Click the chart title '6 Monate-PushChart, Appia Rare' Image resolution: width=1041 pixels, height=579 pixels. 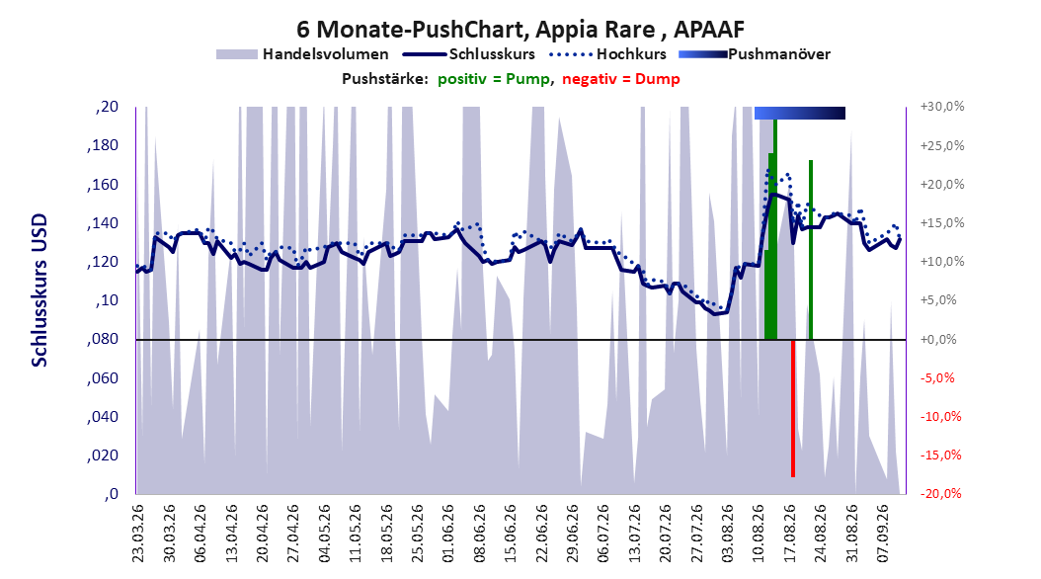pos(476,30)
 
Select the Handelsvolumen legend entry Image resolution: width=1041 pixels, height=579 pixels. pos(303,54)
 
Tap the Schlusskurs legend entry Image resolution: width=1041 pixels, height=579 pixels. pos(469,54)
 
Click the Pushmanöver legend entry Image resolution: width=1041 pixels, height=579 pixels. pos(755,54)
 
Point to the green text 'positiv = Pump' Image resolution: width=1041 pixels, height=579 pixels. pos(494,79)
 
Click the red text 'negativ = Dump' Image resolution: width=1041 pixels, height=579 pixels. pos(621,79)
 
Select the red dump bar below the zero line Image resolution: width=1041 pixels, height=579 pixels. pos(793,408)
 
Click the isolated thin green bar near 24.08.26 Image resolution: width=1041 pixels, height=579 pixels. pos(811,250)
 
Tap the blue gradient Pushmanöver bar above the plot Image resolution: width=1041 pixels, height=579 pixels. pos(800,114)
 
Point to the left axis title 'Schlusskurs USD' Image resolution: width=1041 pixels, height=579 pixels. pos(40,289)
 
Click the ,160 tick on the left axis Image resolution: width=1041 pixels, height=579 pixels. pos(103,184)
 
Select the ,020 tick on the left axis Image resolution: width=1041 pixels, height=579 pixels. pos(103,455)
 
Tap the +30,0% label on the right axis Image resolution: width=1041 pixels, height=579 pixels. pos(942,107)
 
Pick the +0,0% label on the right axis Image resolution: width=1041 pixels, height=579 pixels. pos(938,339)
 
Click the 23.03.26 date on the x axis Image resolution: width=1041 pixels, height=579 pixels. pos(138,534)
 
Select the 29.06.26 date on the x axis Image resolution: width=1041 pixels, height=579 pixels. pos(572,534)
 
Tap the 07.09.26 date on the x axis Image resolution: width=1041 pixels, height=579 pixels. pos(883,534)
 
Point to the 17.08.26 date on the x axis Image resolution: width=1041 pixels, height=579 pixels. pos(790,534)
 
